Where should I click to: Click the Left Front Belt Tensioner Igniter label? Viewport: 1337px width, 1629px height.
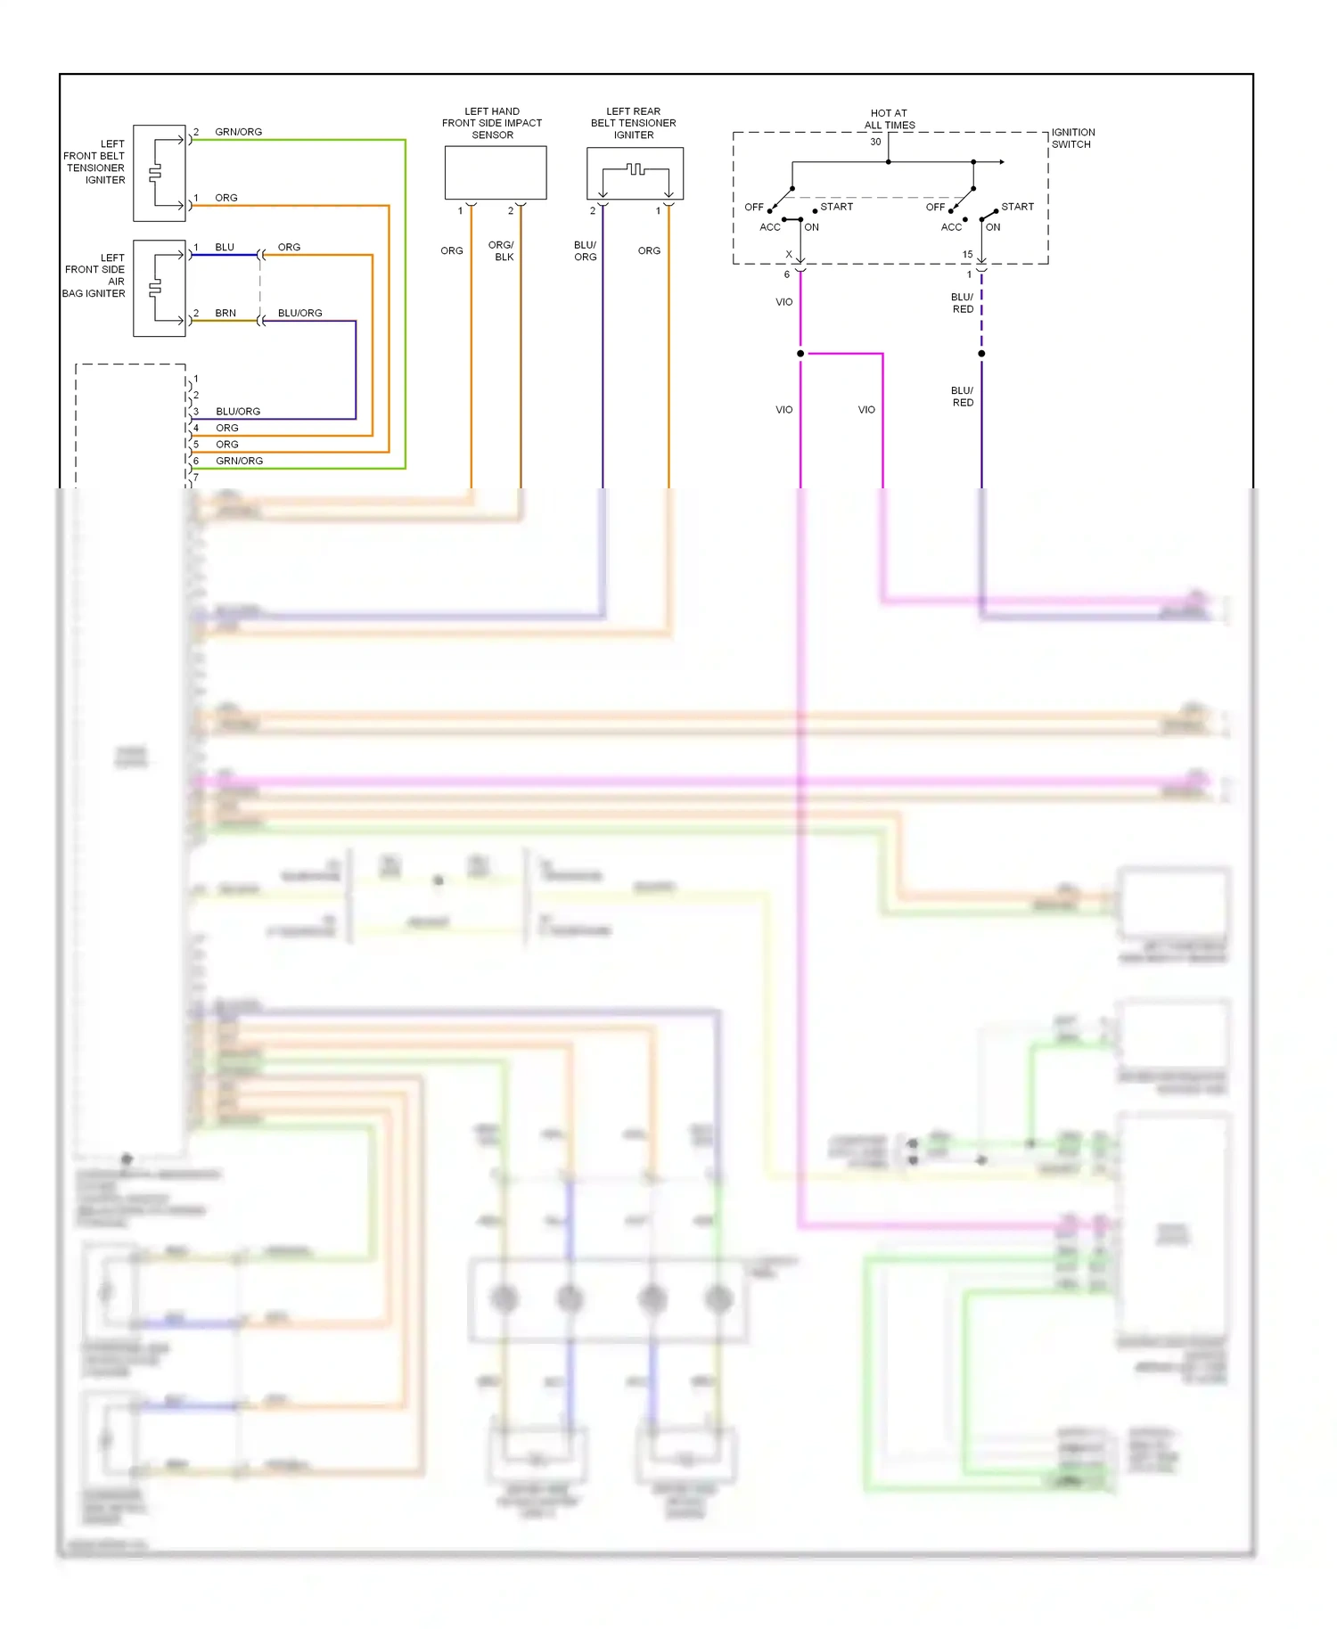click(94, 161)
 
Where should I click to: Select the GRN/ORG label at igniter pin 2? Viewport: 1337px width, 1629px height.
click(238, 132)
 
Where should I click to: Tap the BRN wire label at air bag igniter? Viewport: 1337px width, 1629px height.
click(226, 313)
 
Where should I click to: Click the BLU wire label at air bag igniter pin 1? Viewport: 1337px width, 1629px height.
click(225, 247)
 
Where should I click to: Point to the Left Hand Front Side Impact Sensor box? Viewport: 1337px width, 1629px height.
click(495, 173)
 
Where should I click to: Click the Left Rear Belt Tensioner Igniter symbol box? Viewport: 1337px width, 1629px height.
click(635, 173)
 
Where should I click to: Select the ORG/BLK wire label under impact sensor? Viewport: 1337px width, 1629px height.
click(502, 250)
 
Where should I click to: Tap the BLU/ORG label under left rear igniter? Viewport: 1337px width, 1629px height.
click(585, 250)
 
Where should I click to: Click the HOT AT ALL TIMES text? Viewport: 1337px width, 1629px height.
click(889, 119)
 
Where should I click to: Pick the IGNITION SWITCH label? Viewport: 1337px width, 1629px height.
click(1072, 138)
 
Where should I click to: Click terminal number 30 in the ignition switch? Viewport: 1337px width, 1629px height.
click(875, 142)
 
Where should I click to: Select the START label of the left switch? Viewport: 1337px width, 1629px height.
click(836, 207)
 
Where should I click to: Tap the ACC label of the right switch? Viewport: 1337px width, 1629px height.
click(951, 227)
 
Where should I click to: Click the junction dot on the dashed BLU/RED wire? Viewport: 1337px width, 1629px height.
click(981, 354)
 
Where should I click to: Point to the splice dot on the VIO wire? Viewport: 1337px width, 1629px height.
click(800, 354)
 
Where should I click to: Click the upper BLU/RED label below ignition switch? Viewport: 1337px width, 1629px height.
click(963, 303)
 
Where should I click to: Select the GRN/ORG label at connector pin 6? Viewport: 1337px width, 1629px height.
click(239, 461)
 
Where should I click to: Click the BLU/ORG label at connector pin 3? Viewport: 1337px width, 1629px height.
click(238, 412)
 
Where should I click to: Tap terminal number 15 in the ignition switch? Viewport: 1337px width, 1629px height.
click(967, 255)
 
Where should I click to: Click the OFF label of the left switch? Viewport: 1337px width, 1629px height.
click(754, 208)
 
